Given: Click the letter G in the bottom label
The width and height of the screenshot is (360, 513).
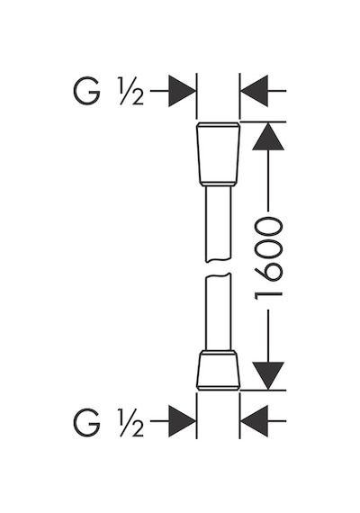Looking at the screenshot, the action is (86, 422).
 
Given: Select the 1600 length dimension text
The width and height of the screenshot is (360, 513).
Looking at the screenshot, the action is (268, 259).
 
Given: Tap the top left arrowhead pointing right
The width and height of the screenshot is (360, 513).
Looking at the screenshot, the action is (182, 91).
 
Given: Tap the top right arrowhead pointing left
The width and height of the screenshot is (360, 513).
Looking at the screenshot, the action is (255, 91).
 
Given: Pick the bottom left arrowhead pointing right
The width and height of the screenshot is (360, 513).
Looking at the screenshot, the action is (182, 421).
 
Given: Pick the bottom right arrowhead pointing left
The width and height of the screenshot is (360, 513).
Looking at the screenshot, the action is (255, 421).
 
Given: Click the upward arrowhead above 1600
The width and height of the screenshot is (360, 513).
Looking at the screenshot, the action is (268, 137).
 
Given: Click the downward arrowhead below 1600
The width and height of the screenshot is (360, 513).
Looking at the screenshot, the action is (268, 375).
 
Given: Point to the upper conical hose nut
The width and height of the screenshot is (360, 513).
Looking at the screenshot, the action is (219, 155).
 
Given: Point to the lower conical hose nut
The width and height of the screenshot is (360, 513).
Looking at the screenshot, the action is (219, 370).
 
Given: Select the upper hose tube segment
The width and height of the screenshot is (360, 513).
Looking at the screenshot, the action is (219, 224).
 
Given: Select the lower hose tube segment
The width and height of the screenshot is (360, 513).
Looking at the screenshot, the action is (219, 311).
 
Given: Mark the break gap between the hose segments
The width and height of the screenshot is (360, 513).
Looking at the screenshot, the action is (219, 268).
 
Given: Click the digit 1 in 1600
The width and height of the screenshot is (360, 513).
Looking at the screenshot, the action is (268, 295).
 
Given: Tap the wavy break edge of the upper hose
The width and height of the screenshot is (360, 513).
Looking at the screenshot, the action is (219, 261).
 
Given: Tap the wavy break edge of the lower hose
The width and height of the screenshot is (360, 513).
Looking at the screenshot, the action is (219, 275).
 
